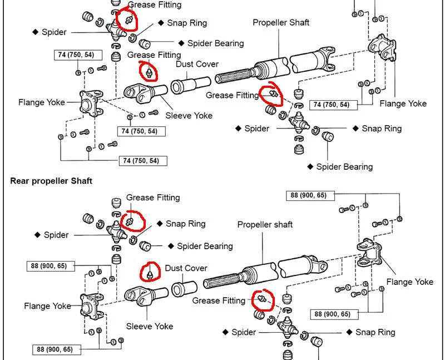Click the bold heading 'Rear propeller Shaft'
(x=51, y=181)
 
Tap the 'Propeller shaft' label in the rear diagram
(x=265, y=225)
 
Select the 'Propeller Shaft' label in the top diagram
(x=281, y=23)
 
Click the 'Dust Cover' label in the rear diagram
(x=186, y=268)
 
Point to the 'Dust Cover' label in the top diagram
(x=197, y=64)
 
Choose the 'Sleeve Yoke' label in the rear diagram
(x=150, y=326)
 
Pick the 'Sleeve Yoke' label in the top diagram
(x=189, y=116)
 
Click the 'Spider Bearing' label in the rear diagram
(x=204, y=246)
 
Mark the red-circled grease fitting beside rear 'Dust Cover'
(x=150, y=273)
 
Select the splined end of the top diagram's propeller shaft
(x=234, y=78)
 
